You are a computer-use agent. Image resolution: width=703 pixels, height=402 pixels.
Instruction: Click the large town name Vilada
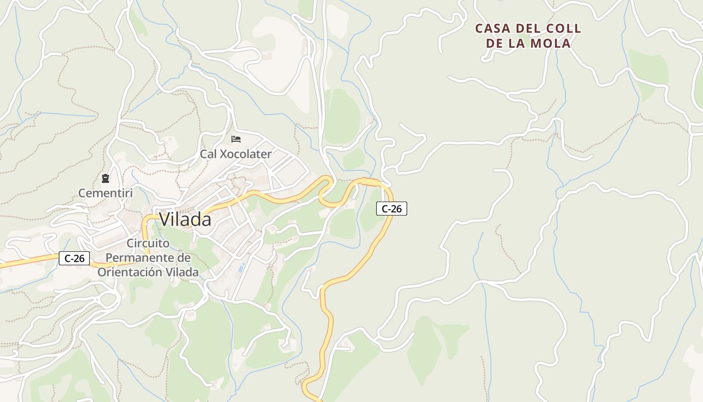click(x=185, y=220)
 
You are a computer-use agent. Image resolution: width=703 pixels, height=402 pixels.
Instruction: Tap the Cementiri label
click(x=105, y=192)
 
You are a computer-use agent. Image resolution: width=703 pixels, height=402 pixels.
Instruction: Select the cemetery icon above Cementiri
click(x=105, y=178)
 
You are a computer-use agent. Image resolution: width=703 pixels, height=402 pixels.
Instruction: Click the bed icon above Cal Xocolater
click(x=236, y=139)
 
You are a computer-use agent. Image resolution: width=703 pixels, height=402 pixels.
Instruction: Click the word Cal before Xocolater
click(x=208, y=154)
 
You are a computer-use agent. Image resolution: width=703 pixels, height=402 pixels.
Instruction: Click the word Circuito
click(x=148, y=243)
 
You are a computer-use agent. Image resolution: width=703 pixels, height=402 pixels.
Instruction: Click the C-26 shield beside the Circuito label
click(x=74, y=258)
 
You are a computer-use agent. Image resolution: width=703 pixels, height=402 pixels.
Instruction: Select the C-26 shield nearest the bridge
click(x=391, y=209)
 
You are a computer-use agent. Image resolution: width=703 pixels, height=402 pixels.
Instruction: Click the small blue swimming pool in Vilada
click(x=242, y=267)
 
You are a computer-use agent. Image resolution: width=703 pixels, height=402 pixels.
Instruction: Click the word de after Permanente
click(x=184, y=258)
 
